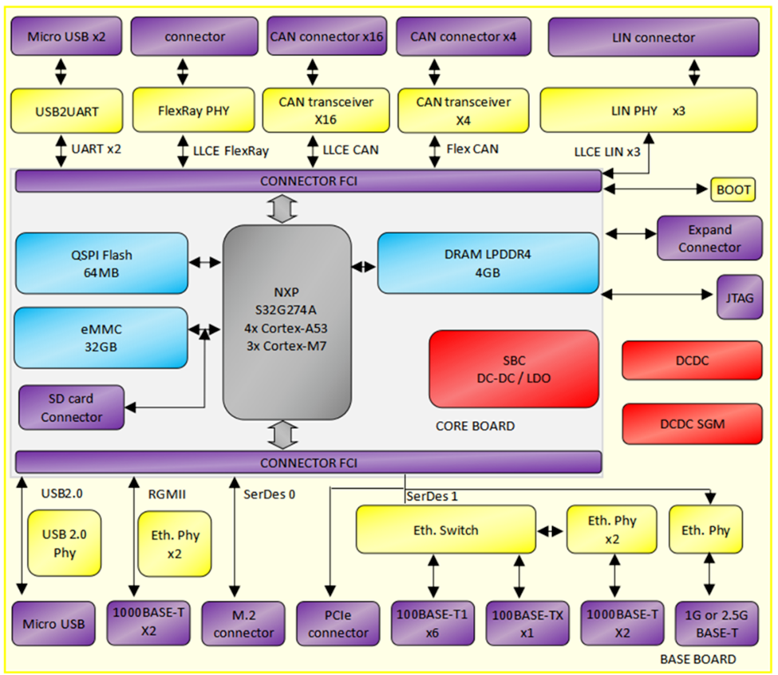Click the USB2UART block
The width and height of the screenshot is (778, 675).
pyautogui.click(x=66, y=111)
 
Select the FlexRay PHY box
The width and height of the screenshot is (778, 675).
pyautogui.click(x=194, y=109)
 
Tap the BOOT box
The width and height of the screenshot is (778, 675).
pyautogui.click(x=733, y=189)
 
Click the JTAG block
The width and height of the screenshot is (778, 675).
pyautogui.click(x=739, y=297)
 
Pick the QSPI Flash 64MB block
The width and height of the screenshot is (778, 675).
pyautogui.click(x=101, y=264)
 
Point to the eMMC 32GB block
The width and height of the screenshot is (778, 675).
pyautogui.click(x=101, y=338)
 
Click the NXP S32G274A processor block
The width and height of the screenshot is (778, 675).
pyautogui.click(x=286, y=323)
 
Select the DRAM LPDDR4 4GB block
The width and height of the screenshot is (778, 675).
pyautogui.click(x=488, y=264)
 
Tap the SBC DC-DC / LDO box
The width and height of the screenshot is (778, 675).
pyautogui.click(x=514, y=369)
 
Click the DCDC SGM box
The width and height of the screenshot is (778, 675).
pyautogui.click(x=692, y=423)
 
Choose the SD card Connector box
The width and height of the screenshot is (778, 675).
pyautogui.click(x=72, y=407)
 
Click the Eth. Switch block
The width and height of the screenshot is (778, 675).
pyautogui.click(x=445, y=530)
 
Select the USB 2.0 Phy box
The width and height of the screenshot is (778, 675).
pyautogui.click(x=65, y=543)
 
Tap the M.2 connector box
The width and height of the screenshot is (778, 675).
pyautogui.click(x=243, y=623)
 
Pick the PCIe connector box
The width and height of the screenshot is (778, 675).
pyautogui.click(x=338, y=623)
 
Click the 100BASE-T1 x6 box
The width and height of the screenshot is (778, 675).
pyautogui.click(x=432, y=623)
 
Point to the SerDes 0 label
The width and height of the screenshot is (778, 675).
pyautogui.click(x=270, y=494)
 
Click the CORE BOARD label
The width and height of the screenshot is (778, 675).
pyautogui.click(x=475, y=426)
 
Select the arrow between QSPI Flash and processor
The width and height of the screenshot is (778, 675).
pyautogui.click(x=205, y=262)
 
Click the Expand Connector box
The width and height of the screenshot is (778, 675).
pyautogui.click(x=709, y=238)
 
